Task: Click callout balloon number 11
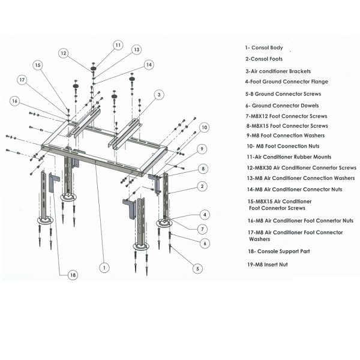[x=118, y=44]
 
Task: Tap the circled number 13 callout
[x=136, y=49]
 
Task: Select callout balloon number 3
[x=158, y=94]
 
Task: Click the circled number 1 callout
[x=105, y=267]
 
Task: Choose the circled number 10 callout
[x=205, y=127]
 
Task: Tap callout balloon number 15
[x=38, y=65]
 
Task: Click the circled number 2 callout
[x=204, y=187]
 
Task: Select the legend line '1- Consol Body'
[x=263, y=47]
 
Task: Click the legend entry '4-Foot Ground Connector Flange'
[x=286, y=82]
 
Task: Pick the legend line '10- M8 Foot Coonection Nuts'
[x=283, y=146]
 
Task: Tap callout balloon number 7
[x=204, y=229]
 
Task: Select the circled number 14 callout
[x=148, y=64]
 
